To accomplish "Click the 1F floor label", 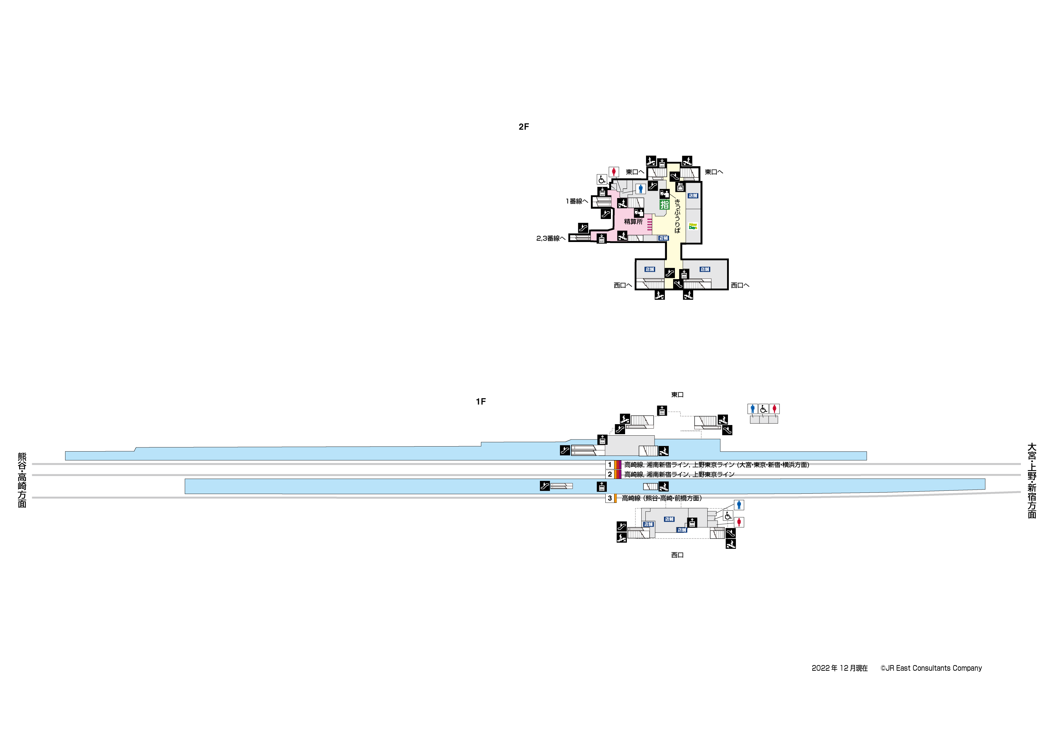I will coord(481,402).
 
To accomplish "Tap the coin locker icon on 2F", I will coord(680,187).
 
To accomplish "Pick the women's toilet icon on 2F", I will coord(614,172).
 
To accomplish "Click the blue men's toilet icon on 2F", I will coord(641,188).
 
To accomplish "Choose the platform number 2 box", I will coord(610,474).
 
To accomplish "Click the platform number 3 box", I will coord(610,498).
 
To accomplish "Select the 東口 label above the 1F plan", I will coord(677,394).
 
